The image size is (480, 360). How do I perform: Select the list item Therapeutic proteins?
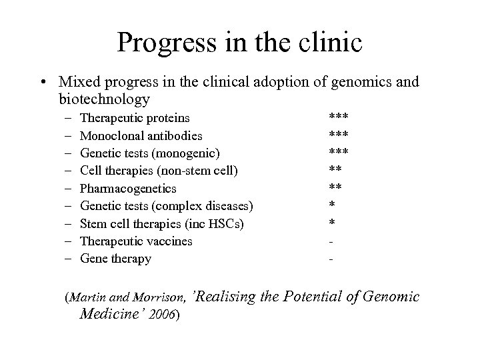click(135, 118)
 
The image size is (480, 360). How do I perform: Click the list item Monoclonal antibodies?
click(141, 135)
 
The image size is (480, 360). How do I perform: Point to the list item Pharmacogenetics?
click(128, 189)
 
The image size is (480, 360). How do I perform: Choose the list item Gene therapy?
click(115, 259)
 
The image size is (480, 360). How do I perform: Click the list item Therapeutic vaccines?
click(136, 241)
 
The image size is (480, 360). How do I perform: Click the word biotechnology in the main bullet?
click(103, 99)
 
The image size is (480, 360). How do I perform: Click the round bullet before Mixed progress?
click(43, 83)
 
